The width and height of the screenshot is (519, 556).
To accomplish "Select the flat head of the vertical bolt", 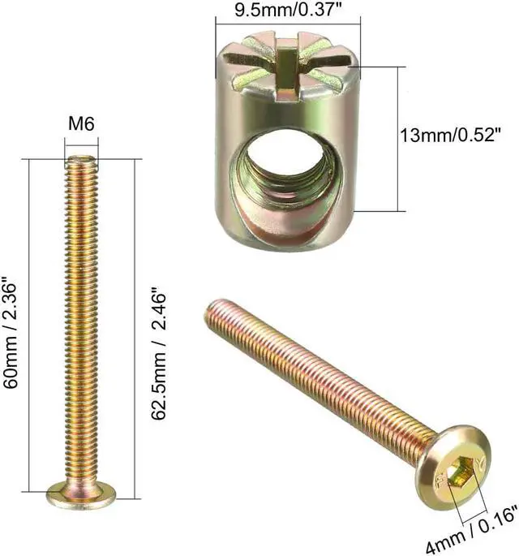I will (x=81, y=493).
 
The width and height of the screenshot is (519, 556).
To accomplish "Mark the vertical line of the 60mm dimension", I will (x=31, y=325).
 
